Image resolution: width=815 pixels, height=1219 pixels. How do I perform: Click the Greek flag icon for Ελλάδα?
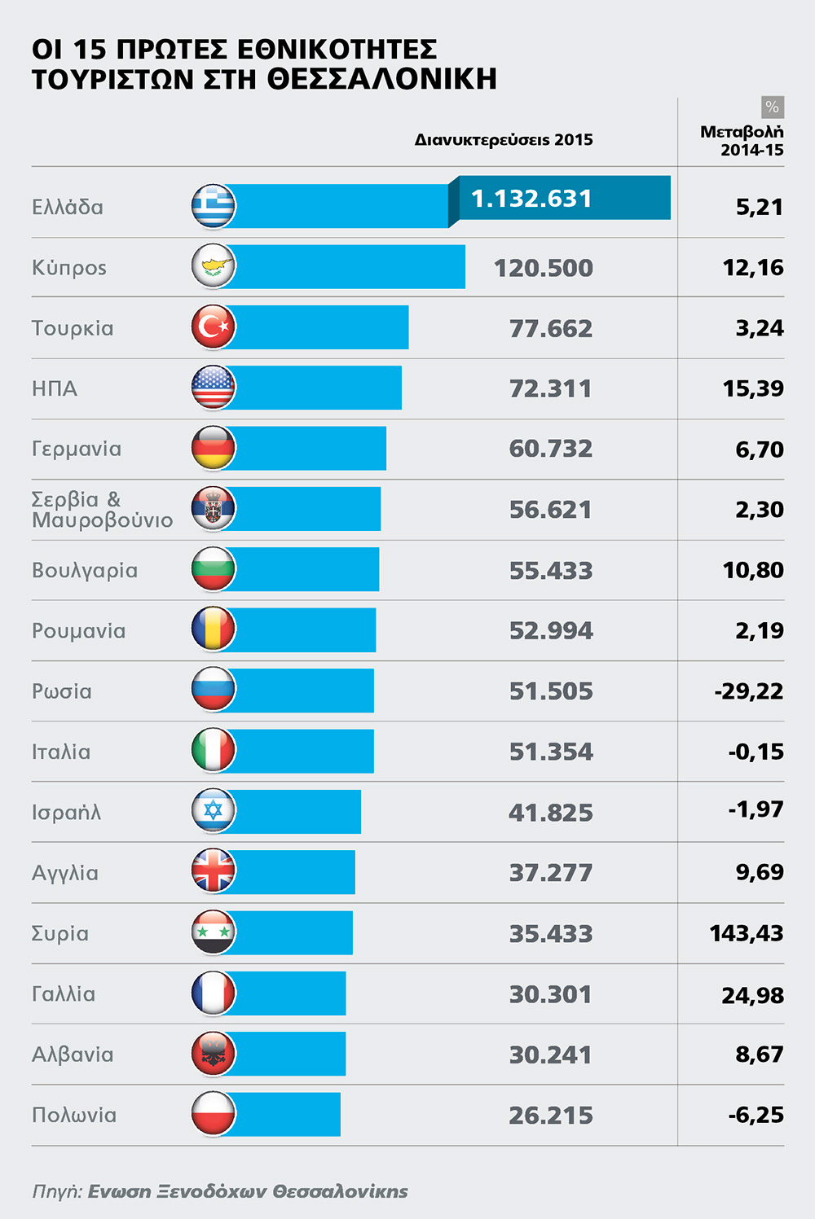click(x=214, y=206)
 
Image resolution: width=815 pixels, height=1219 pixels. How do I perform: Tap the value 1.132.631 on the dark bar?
click(x=531, y=199)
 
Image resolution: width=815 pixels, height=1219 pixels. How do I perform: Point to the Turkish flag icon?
click(x=214, y=327)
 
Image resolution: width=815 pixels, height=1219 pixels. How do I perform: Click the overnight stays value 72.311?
click(x=550, y=388)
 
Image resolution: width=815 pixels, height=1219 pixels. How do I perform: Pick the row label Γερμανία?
click(x=77, y=449)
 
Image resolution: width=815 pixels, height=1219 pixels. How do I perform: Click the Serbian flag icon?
click(x=214, y=508)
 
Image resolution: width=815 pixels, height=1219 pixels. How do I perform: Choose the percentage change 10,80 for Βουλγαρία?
click(x=753, y=570)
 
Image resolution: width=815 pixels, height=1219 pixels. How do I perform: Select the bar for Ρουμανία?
click(x=301, y=629)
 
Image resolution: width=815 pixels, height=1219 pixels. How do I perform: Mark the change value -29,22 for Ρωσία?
click(x=748, y=691)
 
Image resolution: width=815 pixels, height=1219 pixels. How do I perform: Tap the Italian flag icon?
click(x=214, y=750)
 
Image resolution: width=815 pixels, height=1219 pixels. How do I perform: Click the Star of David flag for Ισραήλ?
click(x=214, y=811)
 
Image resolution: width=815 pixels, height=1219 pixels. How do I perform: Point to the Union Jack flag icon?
click(x=214, y=870)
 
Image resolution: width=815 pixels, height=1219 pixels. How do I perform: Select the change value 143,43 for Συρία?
click(x=747, y=933)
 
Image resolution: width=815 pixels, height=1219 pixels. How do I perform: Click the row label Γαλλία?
click(x=64, y=994)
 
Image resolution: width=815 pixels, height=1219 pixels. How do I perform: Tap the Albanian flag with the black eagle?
click(x=214, y=1053)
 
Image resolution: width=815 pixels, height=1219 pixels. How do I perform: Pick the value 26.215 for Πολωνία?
click(x=551, y=1116)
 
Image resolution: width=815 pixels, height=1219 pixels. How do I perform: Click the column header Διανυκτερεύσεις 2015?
click(x=504, y=140)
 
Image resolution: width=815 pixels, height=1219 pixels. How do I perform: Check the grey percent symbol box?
click(x=773, y=107)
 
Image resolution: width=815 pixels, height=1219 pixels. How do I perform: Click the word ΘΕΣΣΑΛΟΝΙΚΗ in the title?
click(x=382, y=79)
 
